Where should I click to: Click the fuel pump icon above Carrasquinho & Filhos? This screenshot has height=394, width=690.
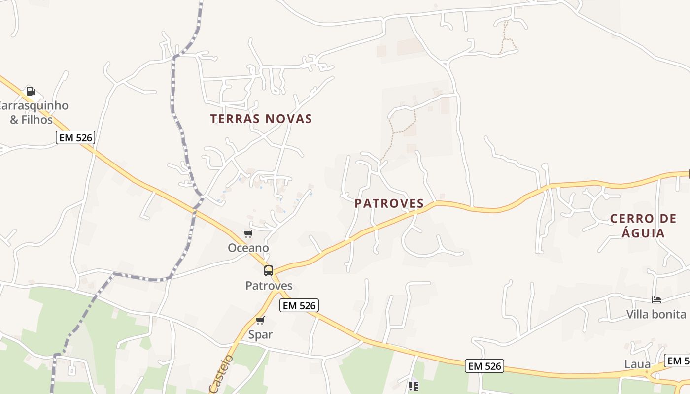[x=31, y=91]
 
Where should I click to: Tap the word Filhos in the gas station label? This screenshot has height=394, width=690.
[x=38, y=120]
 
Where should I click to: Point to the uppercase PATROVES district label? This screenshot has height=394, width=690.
[x=389, y=203]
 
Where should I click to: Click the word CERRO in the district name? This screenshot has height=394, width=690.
[x=631, y=218]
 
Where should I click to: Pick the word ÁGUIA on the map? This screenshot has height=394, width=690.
[x=643, y=232]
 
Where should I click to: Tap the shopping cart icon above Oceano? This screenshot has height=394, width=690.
[x=248, y=233]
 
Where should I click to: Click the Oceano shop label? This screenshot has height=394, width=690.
[x=248, y=248]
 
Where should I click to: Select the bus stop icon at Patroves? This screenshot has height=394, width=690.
[x=269, y=270]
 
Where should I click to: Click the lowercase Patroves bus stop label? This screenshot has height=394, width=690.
[x=269, y=286]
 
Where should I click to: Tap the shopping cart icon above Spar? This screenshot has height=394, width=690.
[x=260, y=320]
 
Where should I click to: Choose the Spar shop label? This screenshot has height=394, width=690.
[x=260, y=335]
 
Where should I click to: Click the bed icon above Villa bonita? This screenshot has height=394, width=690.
[x=656, y=299]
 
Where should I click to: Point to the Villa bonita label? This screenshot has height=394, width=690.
[x=656, y=314]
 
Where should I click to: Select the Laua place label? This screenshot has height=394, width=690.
[x=637, y=364]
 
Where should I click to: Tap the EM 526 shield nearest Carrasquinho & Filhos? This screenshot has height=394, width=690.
[x=75, y=137]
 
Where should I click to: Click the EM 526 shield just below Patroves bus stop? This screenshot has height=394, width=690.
[x=299, y=305]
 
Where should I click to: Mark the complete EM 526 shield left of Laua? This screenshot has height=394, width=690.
[x=485, y=366]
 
